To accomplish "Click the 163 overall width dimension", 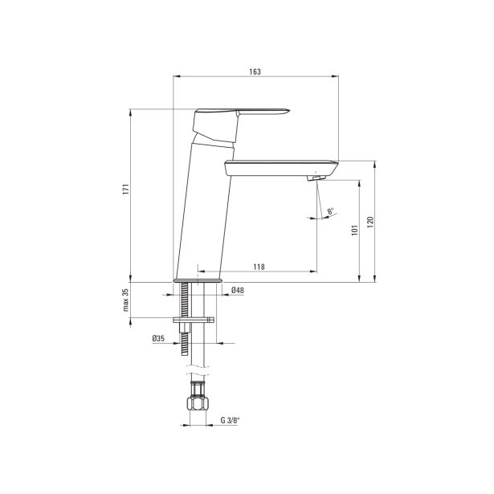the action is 255,71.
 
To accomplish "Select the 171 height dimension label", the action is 126,189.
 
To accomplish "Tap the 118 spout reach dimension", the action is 259,267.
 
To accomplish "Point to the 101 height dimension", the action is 355,231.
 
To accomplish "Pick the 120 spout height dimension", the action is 370,223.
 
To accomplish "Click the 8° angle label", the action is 330,211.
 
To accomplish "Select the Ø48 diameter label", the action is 238,291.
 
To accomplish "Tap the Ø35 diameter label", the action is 158,339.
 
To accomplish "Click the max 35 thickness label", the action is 126,300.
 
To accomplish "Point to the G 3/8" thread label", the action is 230,420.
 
